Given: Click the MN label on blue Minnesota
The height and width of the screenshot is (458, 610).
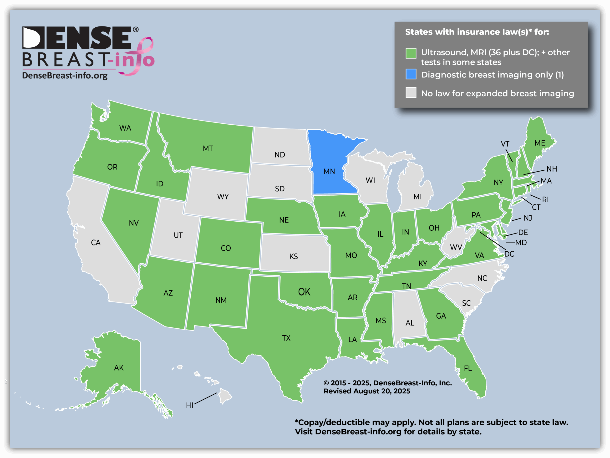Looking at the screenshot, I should coord(329,172).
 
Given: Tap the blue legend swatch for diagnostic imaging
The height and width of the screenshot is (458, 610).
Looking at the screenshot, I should coord(411,74).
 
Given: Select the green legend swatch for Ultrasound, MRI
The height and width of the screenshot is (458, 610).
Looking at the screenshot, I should coord(411,53).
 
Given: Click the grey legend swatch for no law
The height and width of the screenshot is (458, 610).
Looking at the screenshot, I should coord(411,93).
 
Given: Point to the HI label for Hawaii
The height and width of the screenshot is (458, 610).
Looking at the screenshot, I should coord(189,405).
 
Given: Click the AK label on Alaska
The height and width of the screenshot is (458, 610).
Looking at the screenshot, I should coord(119,367).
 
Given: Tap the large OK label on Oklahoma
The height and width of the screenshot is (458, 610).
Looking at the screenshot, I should coord(304,292).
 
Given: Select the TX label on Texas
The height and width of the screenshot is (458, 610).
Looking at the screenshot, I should coord(286,338).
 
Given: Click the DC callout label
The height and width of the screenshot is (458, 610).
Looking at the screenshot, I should coord(509,254).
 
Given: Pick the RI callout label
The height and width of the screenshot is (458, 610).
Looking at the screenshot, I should coord(545,199).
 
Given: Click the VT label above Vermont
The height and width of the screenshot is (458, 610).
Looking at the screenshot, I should coord(505,144).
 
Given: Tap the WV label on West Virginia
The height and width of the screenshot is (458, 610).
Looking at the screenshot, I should coord(456,247).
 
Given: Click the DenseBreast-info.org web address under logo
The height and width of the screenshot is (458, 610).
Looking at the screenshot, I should coord(65,76).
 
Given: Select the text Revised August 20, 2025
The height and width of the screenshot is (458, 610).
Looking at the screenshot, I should coord(367,391).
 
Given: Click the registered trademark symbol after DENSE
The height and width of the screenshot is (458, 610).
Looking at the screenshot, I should coord(136,30).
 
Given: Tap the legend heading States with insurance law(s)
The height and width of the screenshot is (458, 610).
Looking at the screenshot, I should coord(477,32).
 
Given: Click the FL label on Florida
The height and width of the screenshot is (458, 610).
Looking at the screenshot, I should coord(468,368).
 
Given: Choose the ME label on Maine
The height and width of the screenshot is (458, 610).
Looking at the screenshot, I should coord(540,143).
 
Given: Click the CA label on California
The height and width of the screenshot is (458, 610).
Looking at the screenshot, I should coord(96,243).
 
